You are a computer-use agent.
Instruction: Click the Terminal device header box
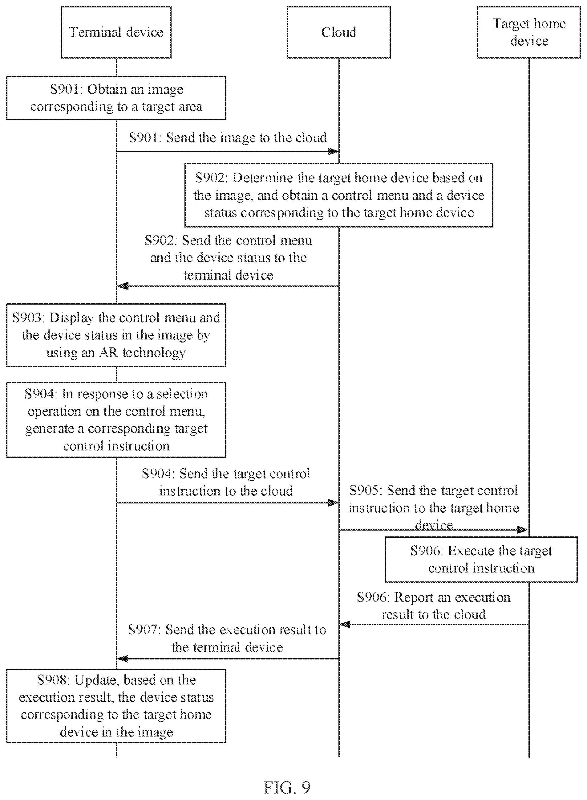click(x=116, y=32)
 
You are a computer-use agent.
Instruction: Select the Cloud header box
click(x=339, y=32)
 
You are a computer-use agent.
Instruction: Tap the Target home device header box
click(x=529, y=32)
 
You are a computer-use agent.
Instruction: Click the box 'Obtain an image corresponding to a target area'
click(x=116, y=98)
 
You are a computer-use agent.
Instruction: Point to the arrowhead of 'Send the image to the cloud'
click(x=333, y=152)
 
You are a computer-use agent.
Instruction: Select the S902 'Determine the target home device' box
click(x=339, y=195)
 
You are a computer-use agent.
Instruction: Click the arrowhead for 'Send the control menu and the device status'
click(x=123, y=286)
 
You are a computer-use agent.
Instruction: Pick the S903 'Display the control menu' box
click(x=116, y=335)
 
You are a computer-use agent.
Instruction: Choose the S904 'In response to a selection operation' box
click(x=116, y=420)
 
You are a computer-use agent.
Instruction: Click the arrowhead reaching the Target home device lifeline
click(x=523, y=530)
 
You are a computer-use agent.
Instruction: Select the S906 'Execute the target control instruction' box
click(x=481, y=560)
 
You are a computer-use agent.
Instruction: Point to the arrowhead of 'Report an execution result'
click(x=345, y=624)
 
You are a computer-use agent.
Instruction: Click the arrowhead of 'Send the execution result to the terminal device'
click(x=123, y=659)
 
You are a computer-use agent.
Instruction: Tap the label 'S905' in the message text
click(x=366, y=490)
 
